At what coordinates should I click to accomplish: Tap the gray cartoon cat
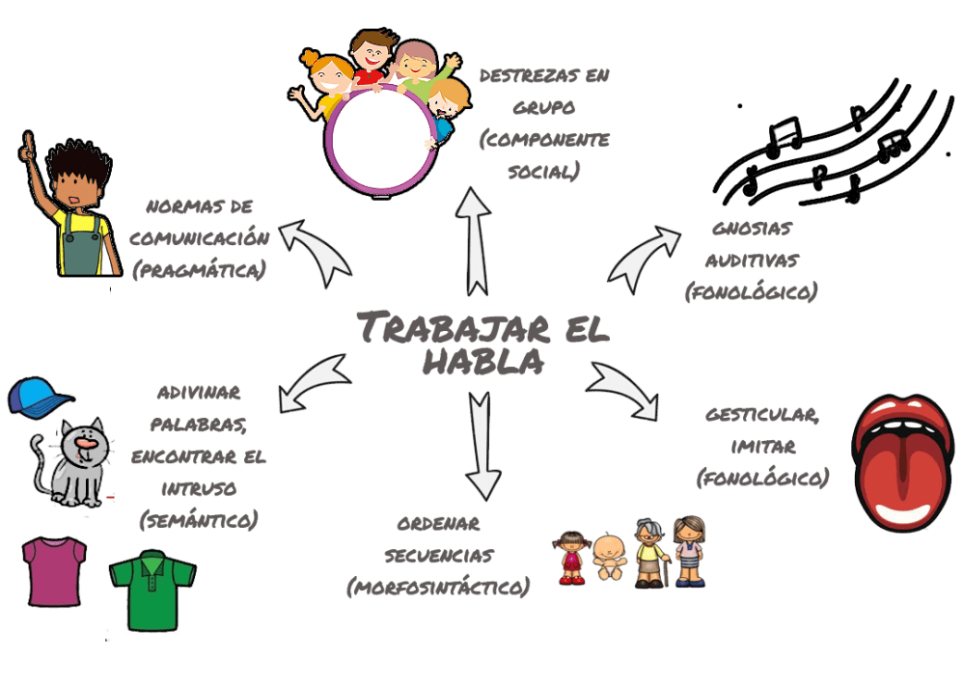click(72, 464)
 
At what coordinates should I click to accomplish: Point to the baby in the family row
click(609, 557)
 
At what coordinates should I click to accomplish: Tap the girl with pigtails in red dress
click(572, 556)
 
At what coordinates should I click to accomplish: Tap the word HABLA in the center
click(482, 362)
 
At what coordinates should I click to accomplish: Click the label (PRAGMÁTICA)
click(199, 271)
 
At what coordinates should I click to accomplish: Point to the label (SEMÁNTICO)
click(200, 521)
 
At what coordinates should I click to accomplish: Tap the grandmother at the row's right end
click(688, 552)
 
